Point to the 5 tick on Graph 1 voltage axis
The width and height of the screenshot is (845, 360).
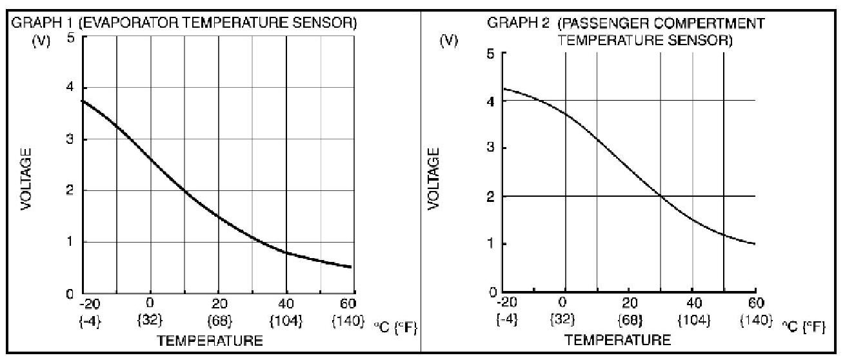click(70, 37)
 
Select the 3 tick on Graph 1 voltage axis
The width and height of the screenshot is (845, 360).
click(70, 139)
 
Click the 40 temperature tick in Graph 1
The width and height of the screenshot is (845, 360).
click(286, 303)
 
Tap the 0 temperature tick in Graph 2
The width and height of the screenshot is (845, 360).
click(563, 303)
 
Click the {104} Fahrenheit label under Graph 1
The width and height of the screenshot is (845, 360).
click(286, 321)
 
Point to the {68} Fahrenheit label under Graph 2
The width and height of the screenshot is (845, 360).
click(629, 321)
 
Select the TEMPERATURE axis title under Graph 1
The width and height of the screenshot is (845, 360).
click(210, 340)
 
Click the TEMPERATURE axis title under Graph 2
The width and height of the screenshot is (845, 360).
click(617, 340)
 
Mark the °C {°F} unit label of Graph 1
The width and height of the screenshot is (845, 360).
click(395, 328)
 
